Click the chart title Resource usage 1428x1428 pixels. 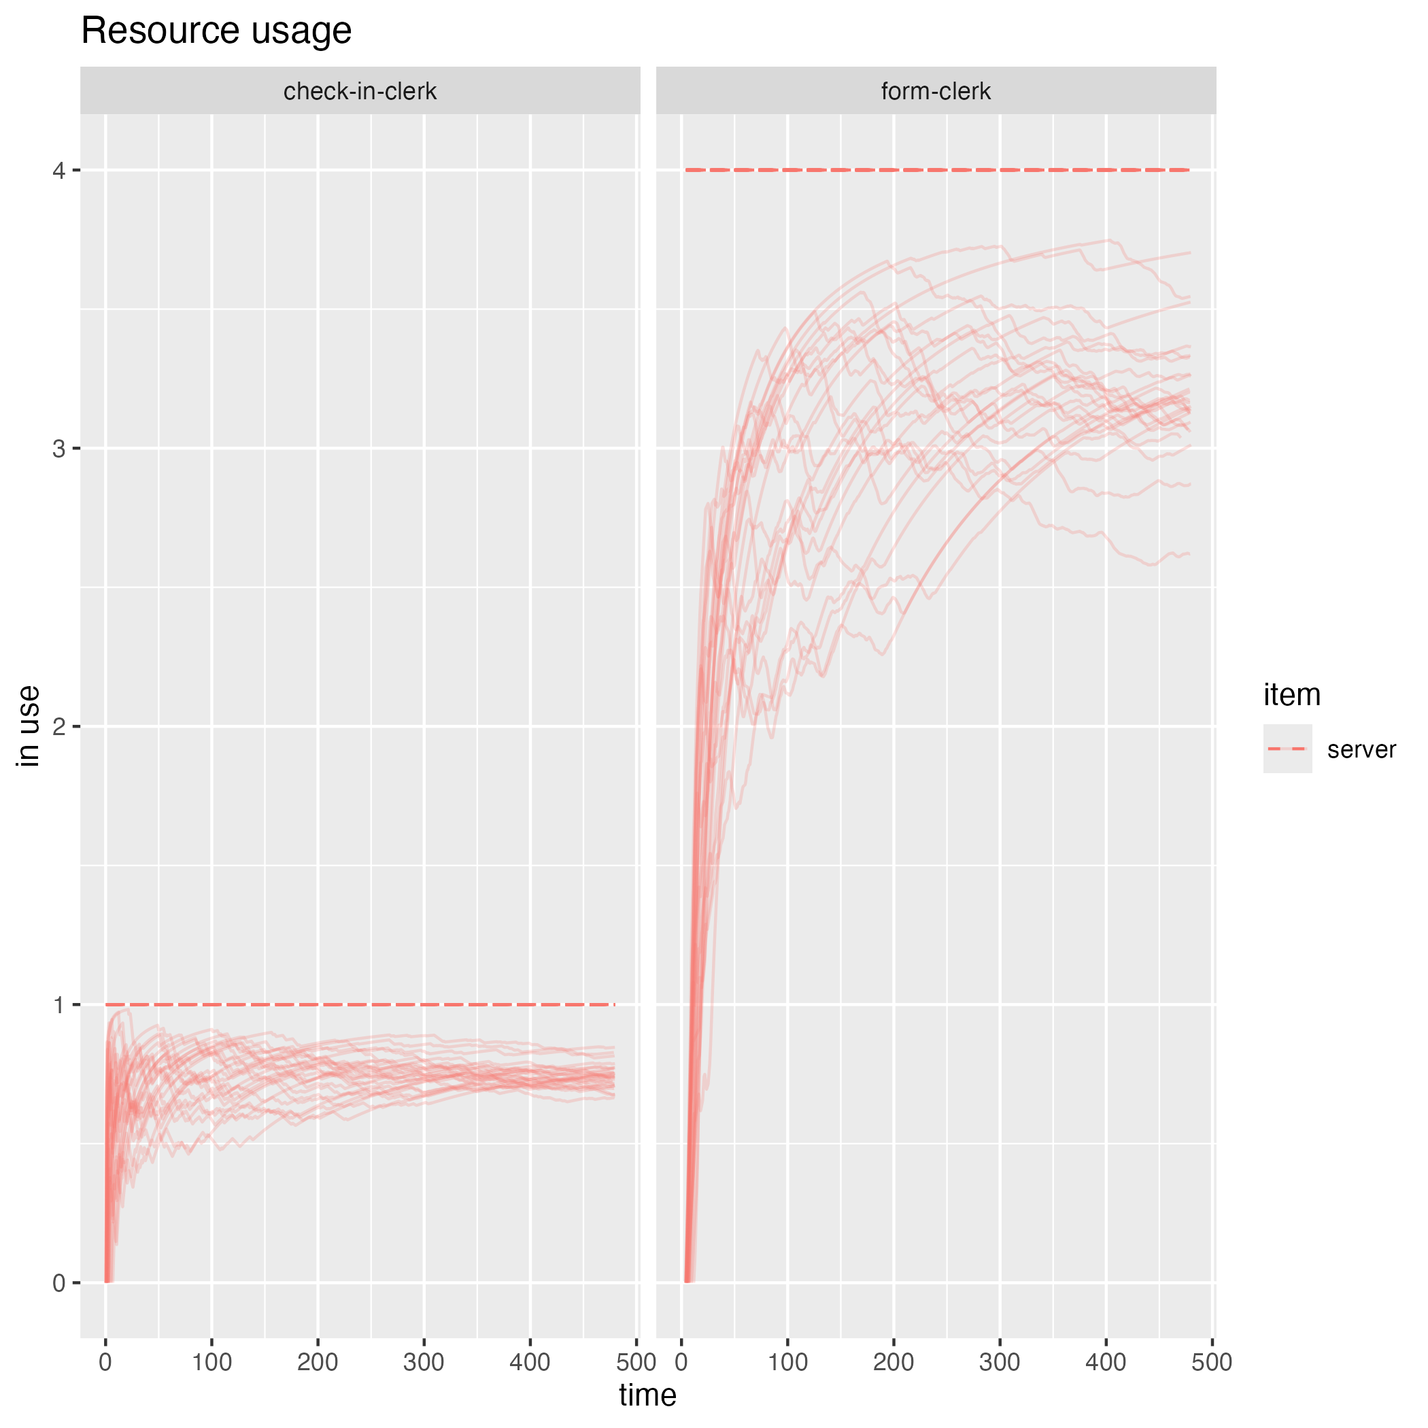pyautogui.click(x=216, y=31)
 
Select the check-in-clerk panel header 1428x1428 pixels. pyautogui.click(x=360, y=91)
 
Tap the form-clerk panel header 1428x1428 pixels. pyautogui.click(x=936, y=91)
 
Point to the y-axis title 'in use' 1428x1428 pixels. pyautogui.click(x=28, y=726)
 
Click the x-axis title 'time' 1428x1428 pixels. pyautogui.click(x=647, y=1395)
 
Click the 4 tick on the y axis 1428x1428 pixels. pyautogui.click(x=59, y=171)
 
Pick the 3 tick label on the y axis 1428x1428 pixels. pyautogui.click(x=59, y=449)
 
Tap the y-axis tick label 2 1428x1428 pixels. pyautogui.click(x=59, y=726)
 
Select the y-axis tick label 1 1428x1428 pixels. pyautogui.click(x=59, y=1005)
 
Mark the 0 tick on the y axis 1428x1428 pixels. pyautogui.click(x=59, y=1283)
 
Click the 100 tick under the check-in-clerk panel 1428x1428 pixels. pyautogui.click(x=211, y=1361)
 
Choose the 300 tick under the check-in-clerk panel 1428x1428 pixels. pyautogui.click(x=424, y=1361)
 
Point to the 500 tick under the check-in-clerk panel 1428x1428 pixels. pyautogui.click(x=636, y=1361)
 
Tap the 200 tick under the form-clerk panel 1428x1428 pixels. pyautogui.click(x=894, y=1361)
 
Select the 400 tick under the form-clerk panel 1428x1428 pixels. pyautogui.click(x=1106, y=1361)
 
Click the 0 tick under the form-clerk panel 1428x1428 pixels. pyautogui.click(x=681, y=1361)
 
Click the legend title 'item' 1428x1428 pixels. pyautogui.click(x=1291, y=695)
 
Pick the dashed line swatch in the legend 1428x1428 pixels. pyautogui.click(x=1287, y=749)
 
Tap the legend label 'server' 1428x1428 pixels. pyautogui.click(x=1361, y=749)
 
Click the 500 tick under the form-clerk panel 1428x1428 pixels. pyautogui.click(x=1212, y=1361)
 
